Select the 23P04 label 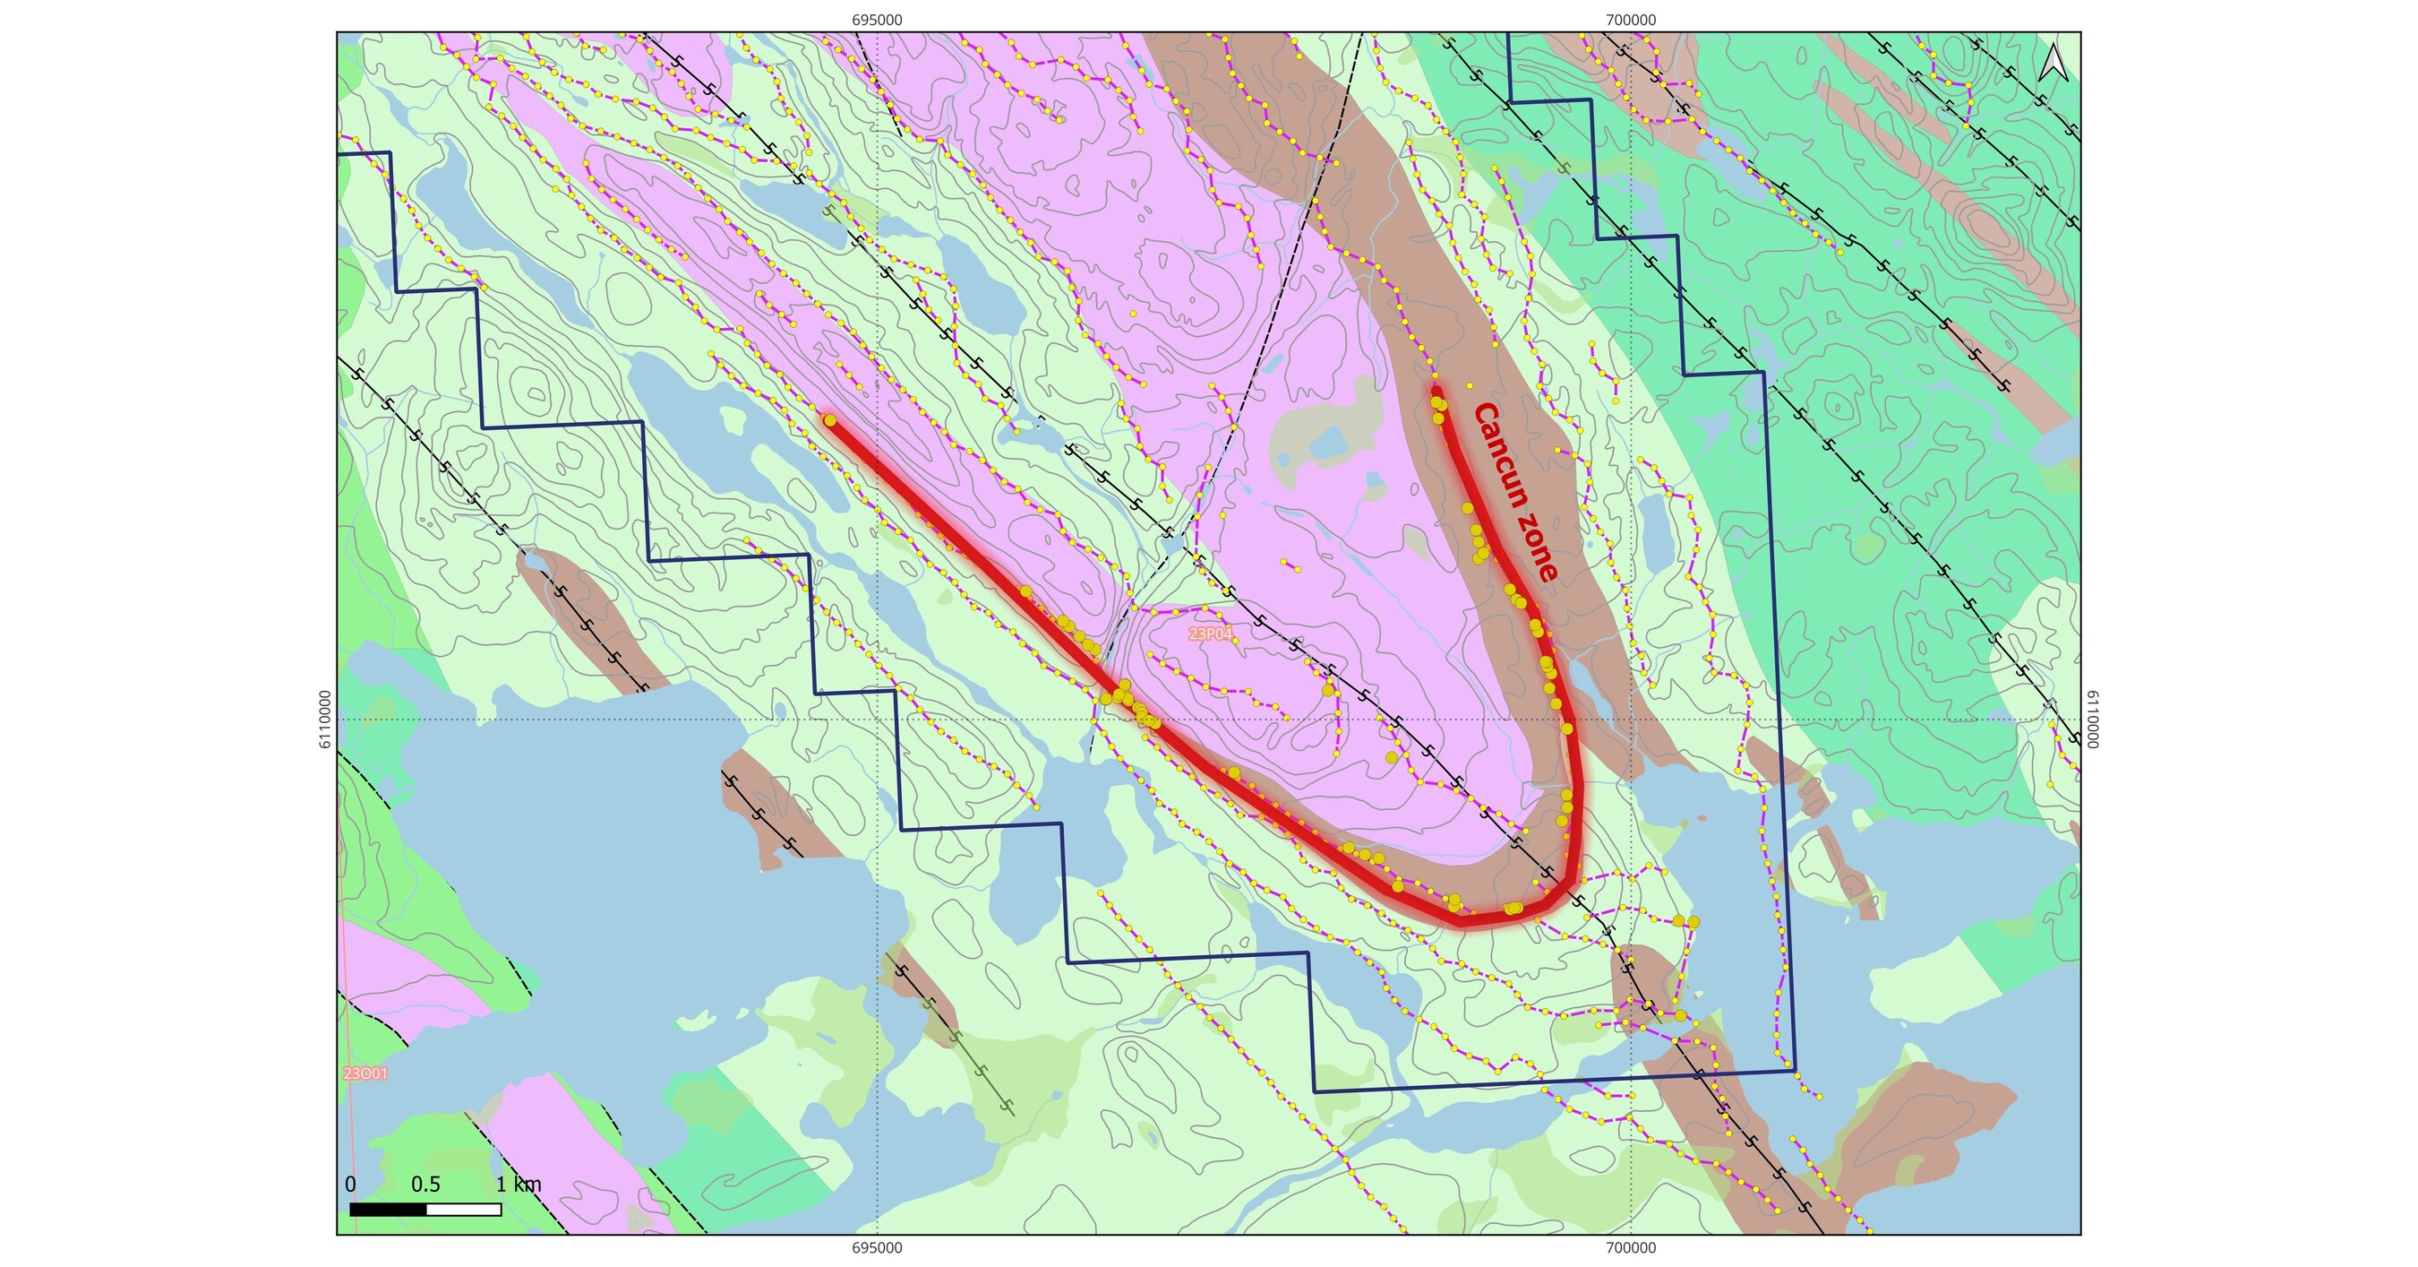pos(1210,634)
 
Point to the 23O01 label pos(365,1073)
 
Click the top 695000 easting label pos(878,20)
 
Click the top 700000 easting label pos(1632,20)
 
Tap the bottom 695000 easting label pos(878,1248)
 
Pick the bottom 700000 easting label pos(1632,1248)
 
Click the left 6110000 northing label pos(325,720)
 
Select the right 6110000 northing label pos(2092,720)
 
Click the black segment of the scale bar pos(388,1210)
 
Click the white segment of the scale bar pos(464,1210)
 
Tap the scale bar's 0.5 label pos(425,1185)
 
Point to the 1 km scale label pos(519,1185)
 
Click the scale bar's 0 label pos(350,1185)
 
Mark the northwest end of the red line pos(830,420)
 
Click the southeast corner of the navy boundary pos(1795,1071)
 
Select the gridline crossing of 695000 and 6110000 pos(878,720)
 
